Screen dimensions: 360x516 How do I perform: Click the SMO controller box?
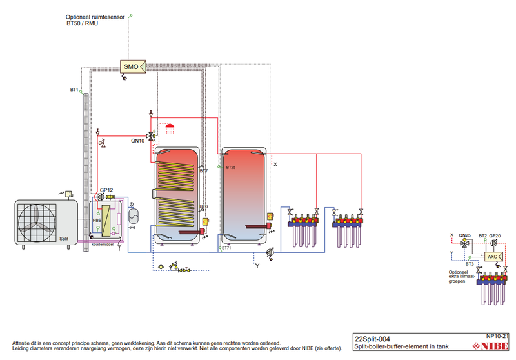click(130, 66)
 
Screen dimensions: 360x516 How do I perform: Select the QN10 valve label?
click(137, 140)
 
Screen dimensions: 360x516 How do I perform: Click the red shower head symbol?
click(170, 127)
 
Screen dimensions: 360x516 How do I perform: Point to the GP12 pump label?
click(106, 190)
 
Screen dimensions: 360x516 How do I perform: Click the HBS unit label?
click(97, 221)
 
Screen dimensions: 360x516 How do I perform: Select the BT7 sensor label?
click(204, 171)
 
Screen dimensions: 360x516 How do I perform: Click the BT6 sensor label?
click(204, 206)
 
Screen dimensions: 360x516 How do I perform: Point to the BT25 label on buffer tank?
click(231, 167)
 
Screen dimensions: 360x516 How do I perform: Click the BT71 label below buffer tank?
click(226, 248)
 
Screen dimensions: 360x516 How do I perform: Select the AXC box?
click(492, 256)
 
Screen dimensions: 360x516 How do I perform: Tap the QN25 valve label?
click(464, 236)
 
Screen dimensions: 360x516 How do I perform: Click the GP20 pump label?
click(495, 236)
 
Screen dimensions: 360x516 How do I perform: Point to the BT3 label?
click(470, 264)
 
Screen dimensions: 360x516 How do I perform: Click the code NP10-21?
click(498, 335)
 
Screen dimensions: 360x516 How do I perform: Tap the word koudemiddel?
click(102, 245)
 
